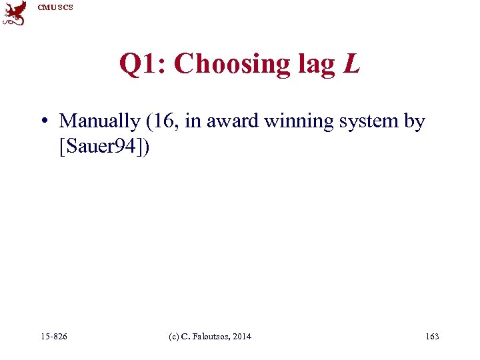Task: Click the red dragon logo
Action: coord(14,13)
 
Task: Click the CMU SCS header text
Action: coord(55,7)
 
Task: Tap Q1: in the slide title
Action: coord(143,64)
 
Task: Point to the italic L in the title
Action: coord(351,64)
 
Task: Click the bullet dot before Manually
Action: coord(43,122)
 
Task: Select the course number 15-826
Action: coord(54,337)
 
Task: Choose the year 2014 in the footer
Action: coord(242,337)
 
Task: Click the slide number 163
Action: coord(431,337)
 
